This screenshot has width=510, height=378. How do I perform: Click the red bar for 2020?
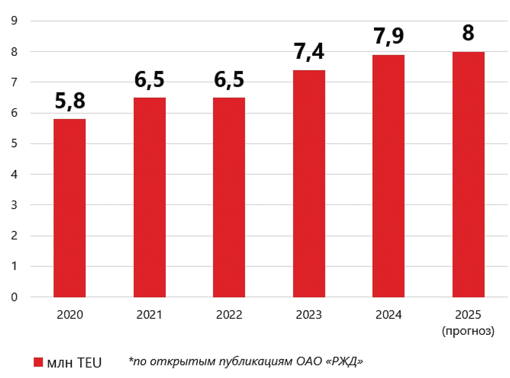(70, 208)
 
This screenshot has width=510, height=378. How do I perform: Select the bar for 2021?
(150, 197)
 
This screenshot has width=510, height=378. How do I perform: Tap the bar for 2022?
(229, 197)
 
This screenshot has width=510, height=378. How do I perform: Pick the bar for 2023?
(309, 183)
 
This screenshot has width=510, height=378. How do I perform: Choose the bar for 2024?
(388, 176)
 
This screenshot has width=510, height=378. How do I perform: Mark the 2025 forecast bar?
(468, 174)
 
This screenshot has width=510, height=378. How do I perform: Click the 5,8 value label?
(70, 102)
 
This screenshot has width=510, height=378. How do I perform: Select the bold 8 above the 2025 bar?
(468, 33)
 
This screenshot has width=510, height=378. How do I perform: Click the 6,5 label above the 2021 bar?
(150, 80)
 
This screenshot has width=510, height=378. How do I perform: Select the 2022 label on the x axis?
(229, 315)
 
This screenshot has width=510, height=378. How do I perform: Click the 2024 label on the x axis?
(388, 315)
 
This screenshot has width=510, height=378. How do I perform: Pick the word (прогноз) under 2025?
(468, 331)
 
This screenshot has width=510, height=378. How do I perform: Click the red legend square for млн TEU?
(38, 362)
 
